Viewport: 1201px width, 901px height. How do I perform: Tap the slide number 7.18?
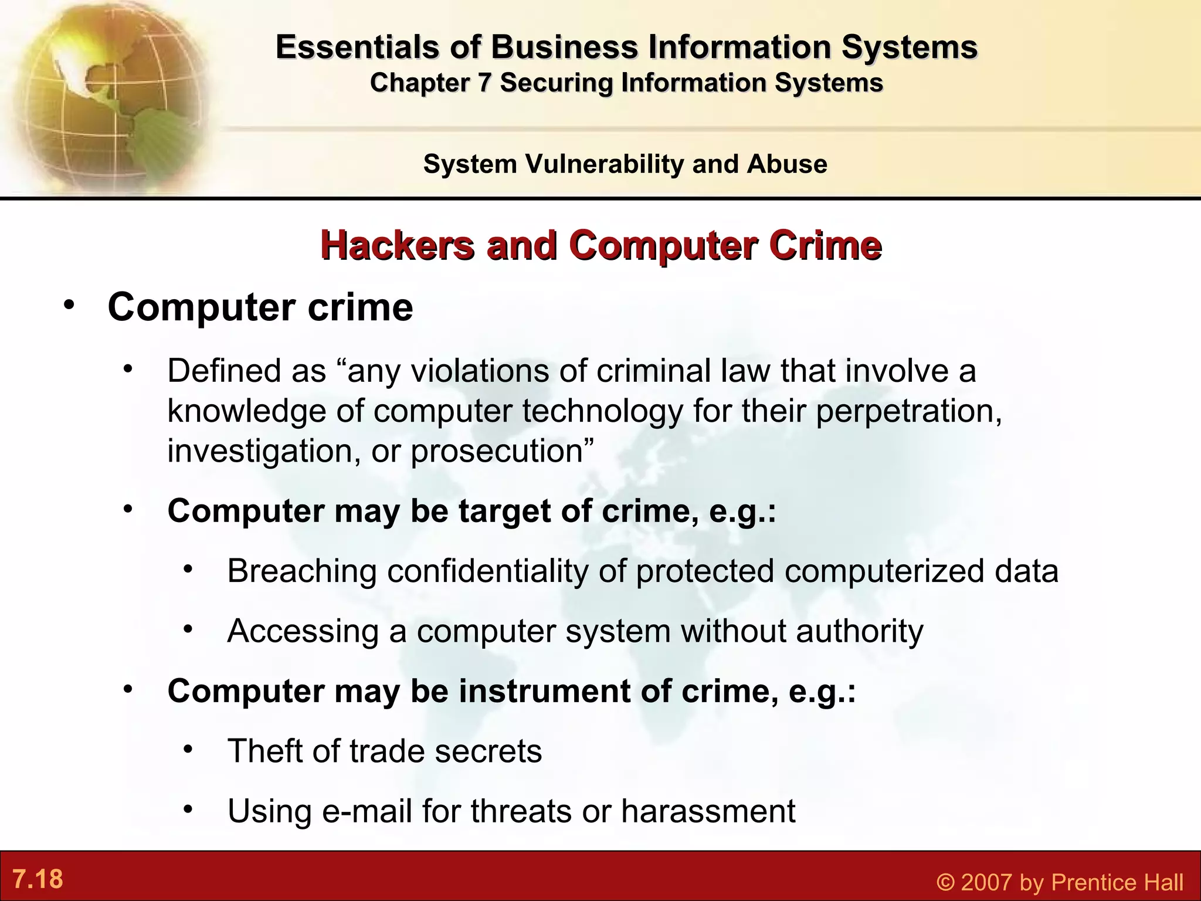38,879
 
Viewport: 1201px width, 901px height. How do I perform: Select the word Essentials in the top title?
357,47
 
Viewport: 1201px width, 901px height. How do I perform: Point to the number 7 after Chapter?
483,83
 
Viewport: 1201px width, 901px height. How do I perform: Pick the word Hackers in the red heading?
398,245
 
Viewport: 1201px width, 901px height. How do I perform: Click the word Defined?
215,371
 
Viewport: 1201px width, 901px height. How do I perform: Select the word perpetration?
908,411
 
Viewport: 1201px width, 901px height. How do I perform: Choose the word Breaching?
302,571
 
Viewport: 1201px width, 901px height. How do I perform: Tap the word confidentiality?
487,571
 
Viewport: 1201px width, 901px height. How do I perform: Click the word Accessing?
303,632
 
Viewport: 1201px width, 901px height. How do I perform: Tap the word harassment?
708,812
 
